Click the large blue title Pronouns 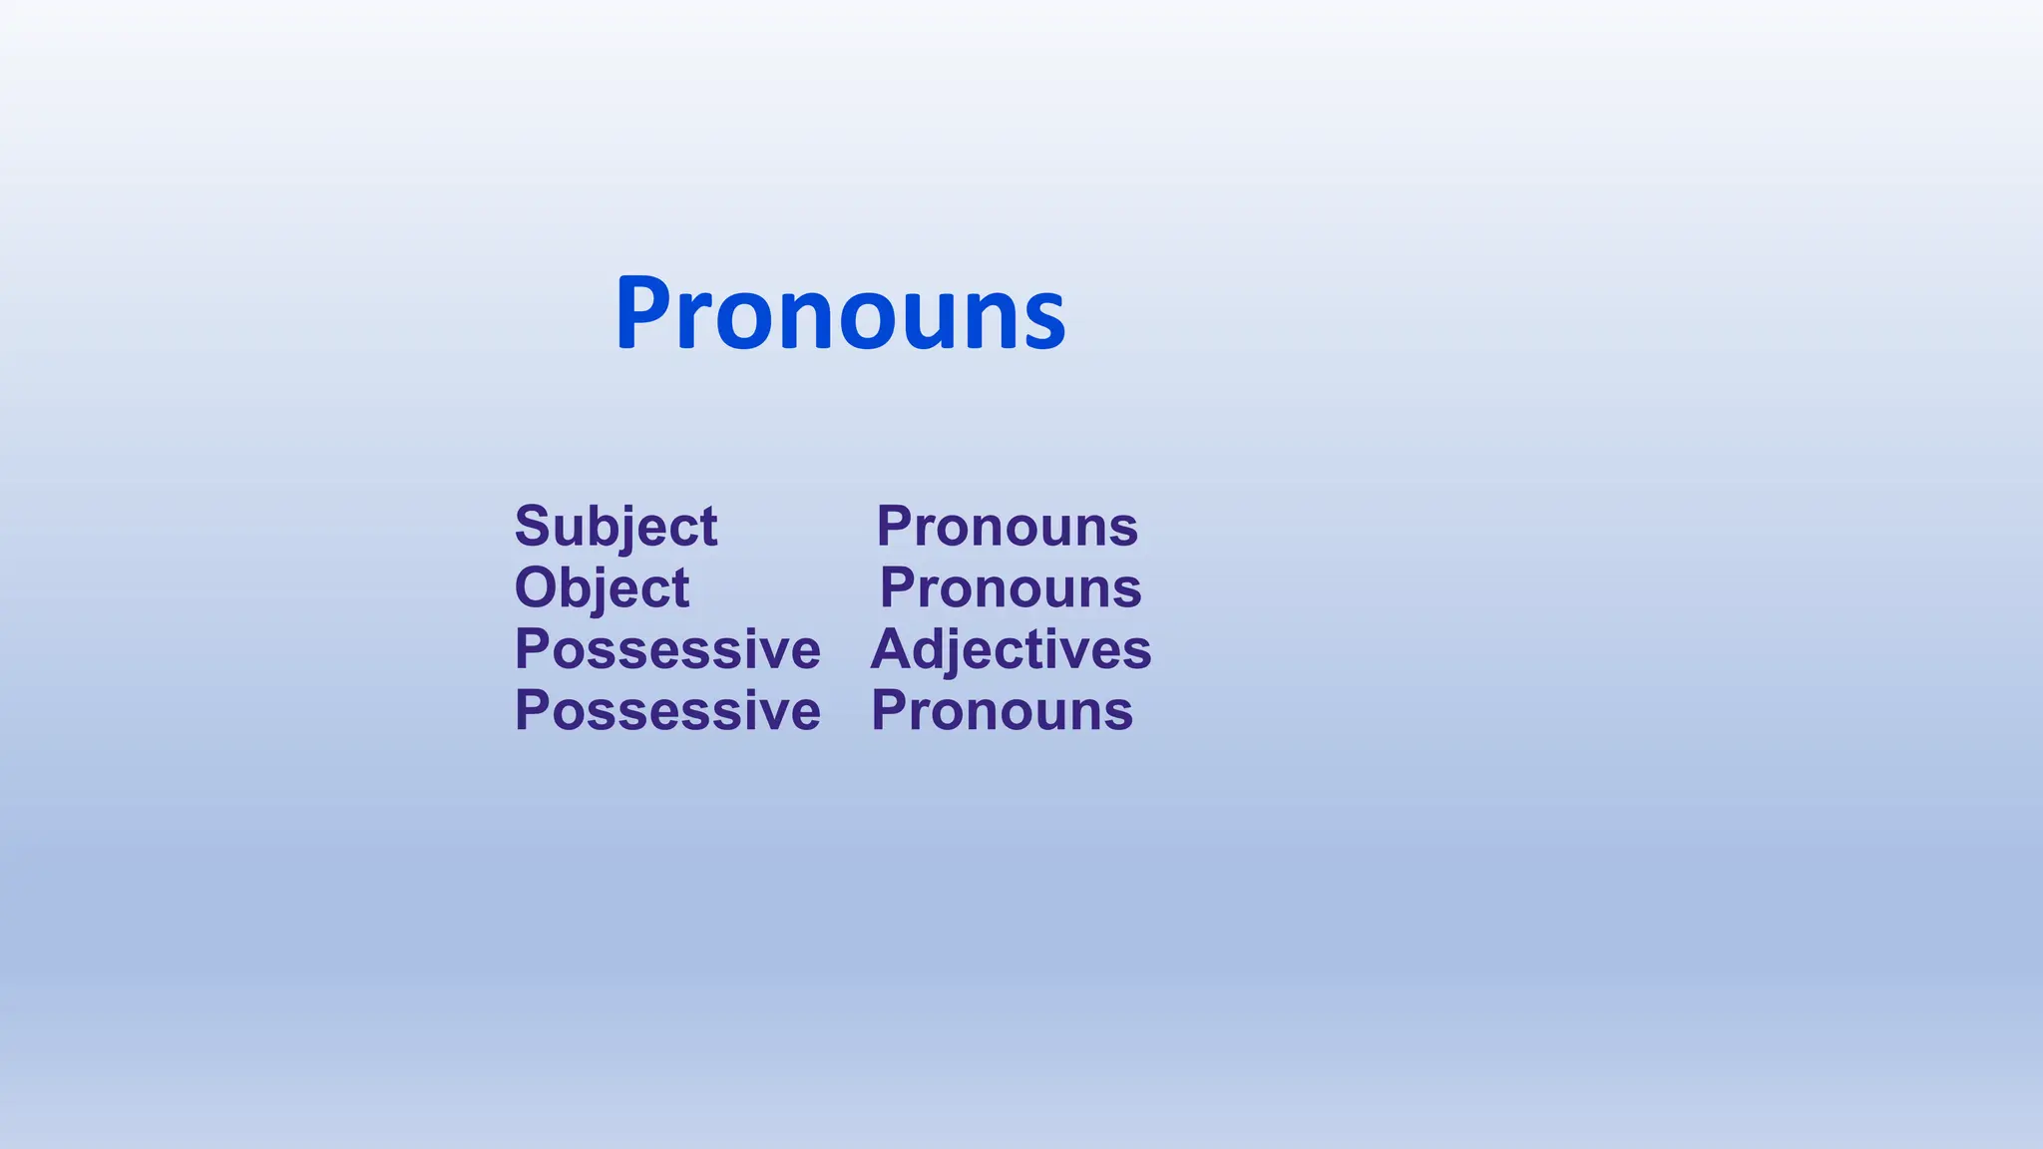click(840, 314)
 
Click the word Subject click(615, 526)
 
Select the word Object click(602, 587)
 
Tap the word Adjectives click(1011, 649)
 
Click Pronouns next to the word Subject click(1007, 526)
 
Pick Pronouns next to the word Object click(1010, 587)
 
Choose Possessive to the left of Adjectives click(667, 649)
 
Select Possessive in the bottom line click(667, 711)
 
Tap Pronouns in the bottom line click(1002, 711)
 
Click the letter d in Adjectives click(932, 649)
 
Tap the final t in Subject click(707, 528)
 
